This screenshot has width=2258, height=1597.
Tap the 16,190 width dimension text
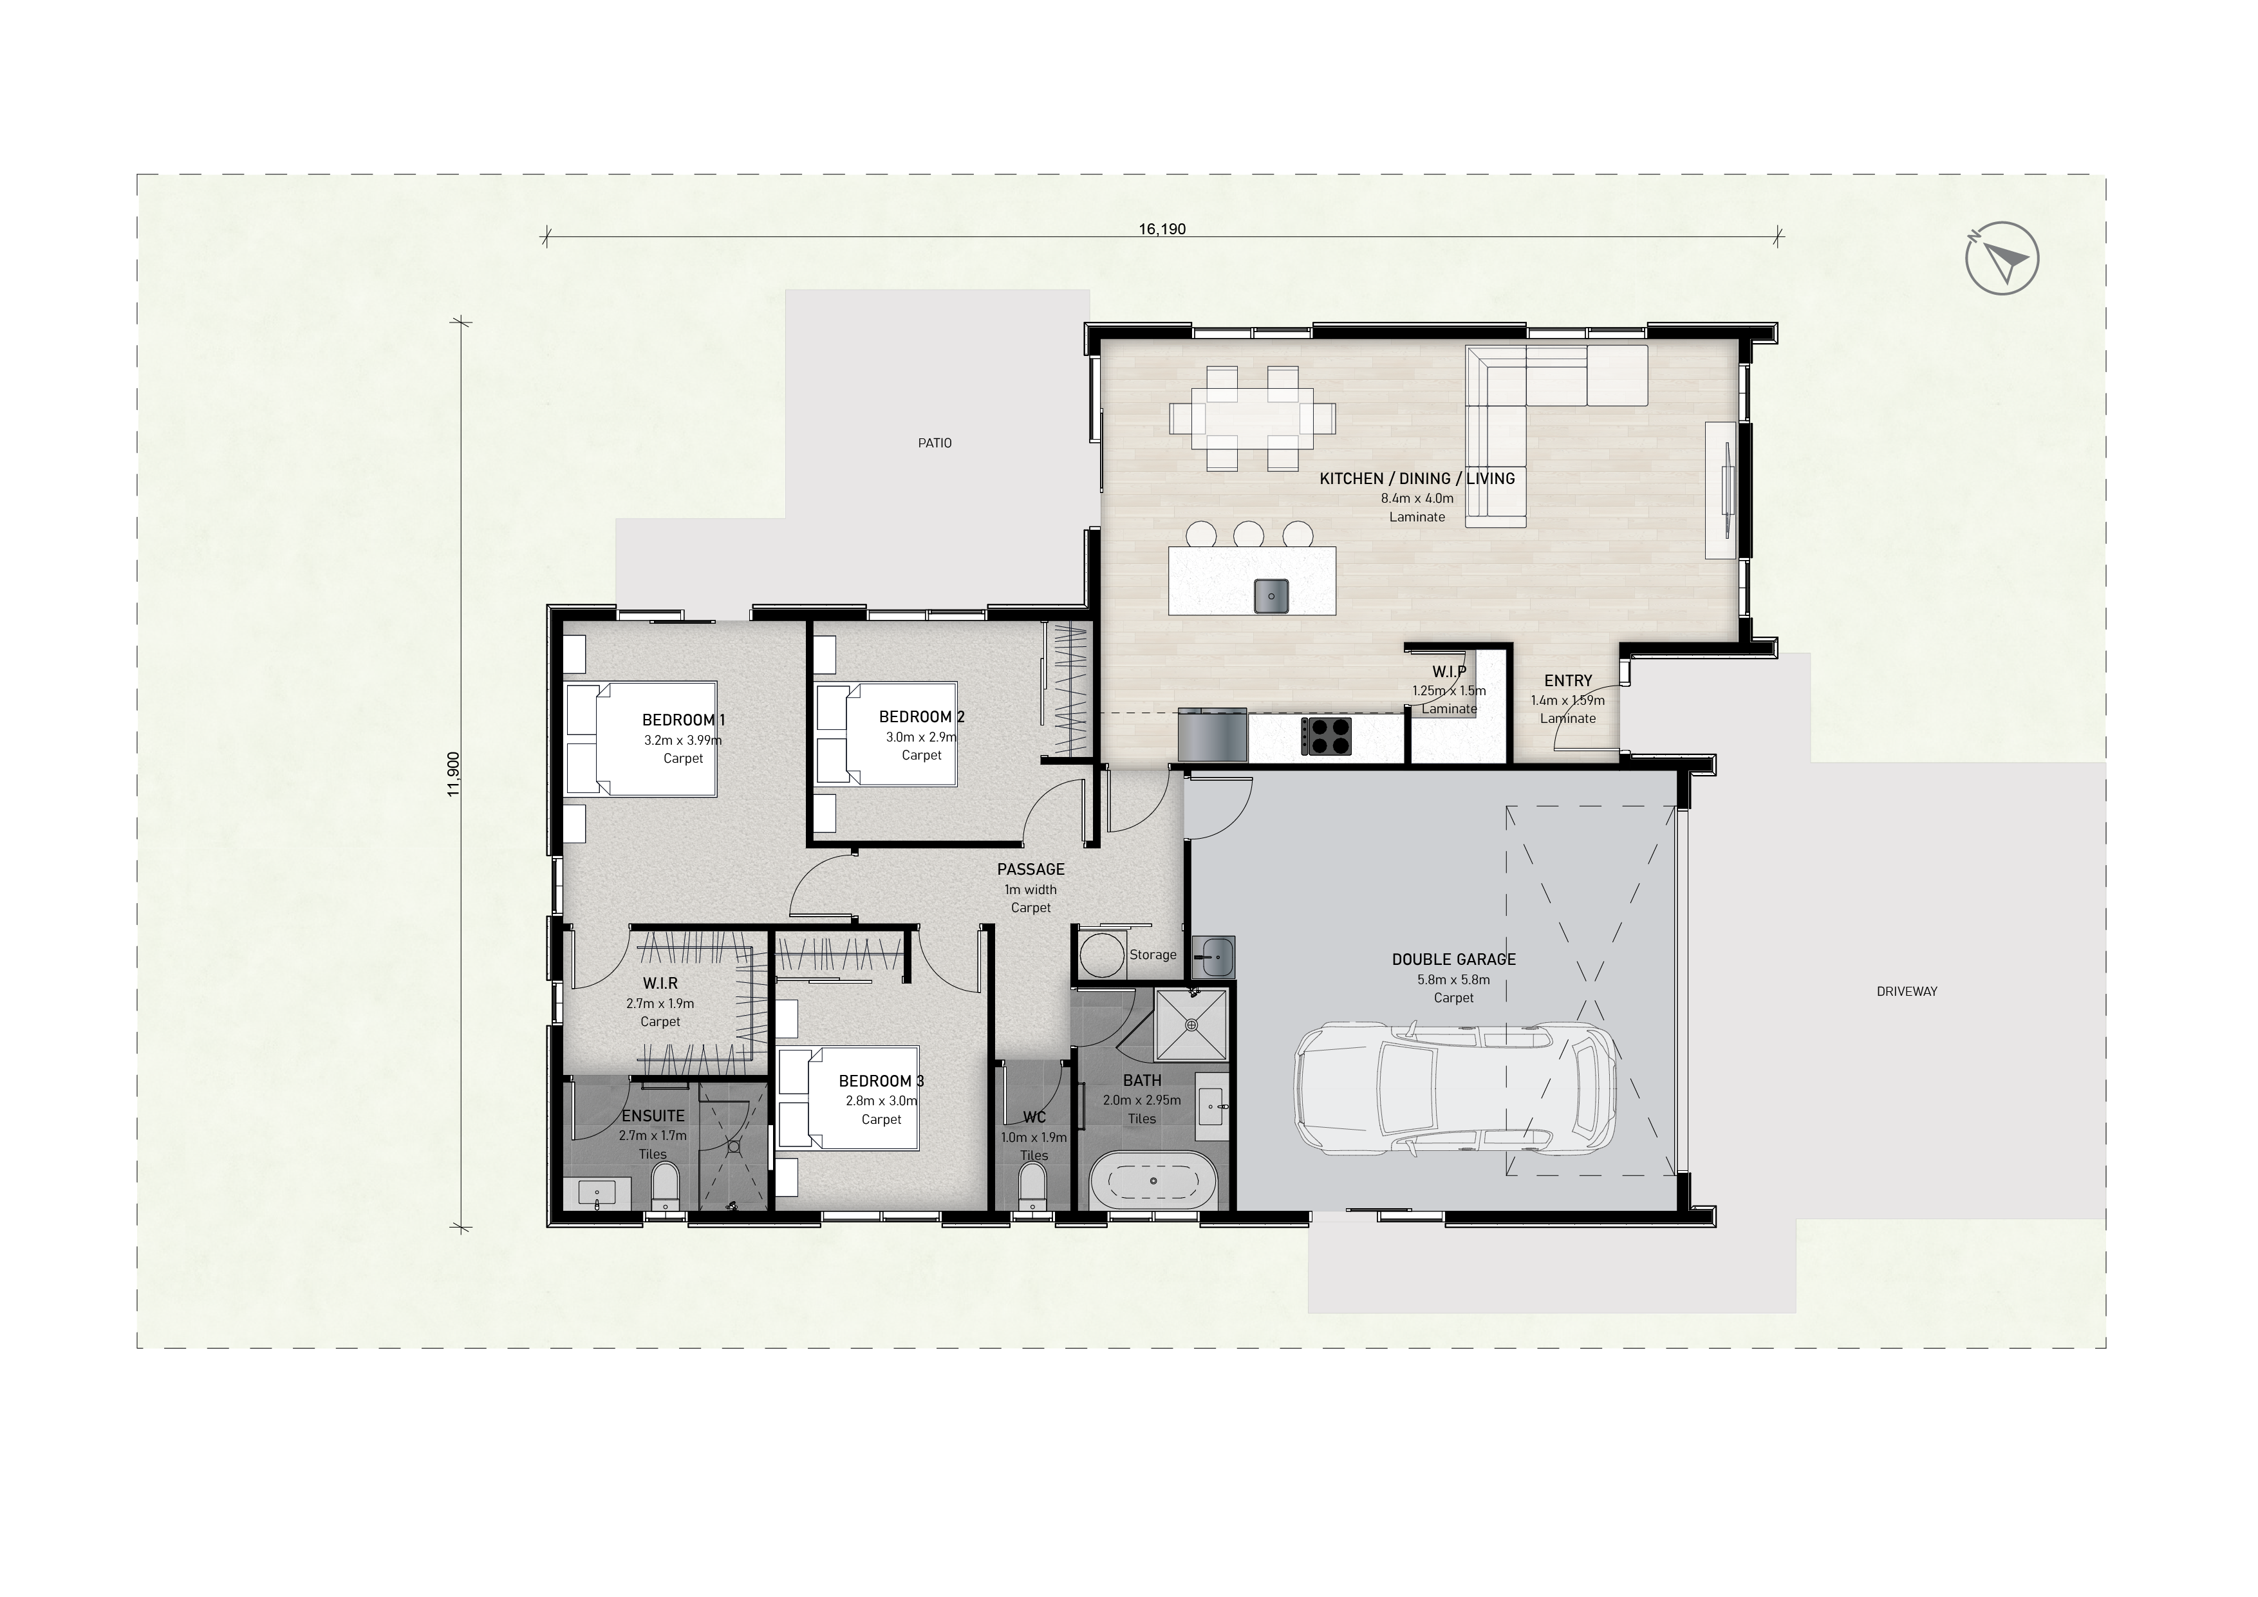click(1162, 229)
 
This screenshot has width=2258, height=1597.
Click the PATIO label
click(934, 442)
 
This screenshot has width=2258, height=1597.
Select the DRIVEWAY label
click(1906, 991)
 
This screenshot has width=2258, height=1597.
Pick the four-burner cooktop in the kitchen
click(1327, 736)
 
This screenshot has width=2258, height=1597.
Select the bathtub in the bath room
click(1153, 1180)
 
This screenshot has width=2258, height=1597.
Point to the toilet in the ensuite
click(666, 1187)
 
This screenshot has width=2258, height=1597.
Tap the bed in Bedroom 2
click(887, 734)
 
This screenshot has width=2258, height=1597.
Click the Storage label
click(1153, 955)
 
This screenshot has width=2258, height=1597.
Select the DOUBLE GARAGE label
click(1453, 959)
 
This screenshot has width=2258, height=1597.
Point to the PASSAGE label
click(1031, 869)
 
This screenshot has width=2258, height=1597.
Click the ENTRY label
click(1567, 680)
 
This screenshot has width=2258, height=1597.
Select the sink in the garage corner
click(1213, 955)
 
